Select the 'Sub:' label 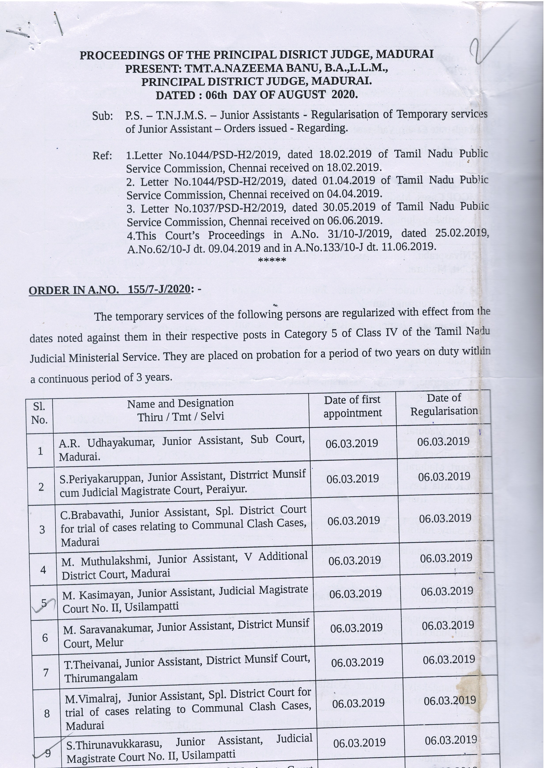[x=102, y=116]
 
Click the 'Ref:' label [x=102, y=156]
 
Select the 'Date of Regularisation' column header [x=444, y=405]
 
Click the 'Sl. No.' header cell [x=39, y=413]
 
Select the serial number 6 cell [x=45, y=638]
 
